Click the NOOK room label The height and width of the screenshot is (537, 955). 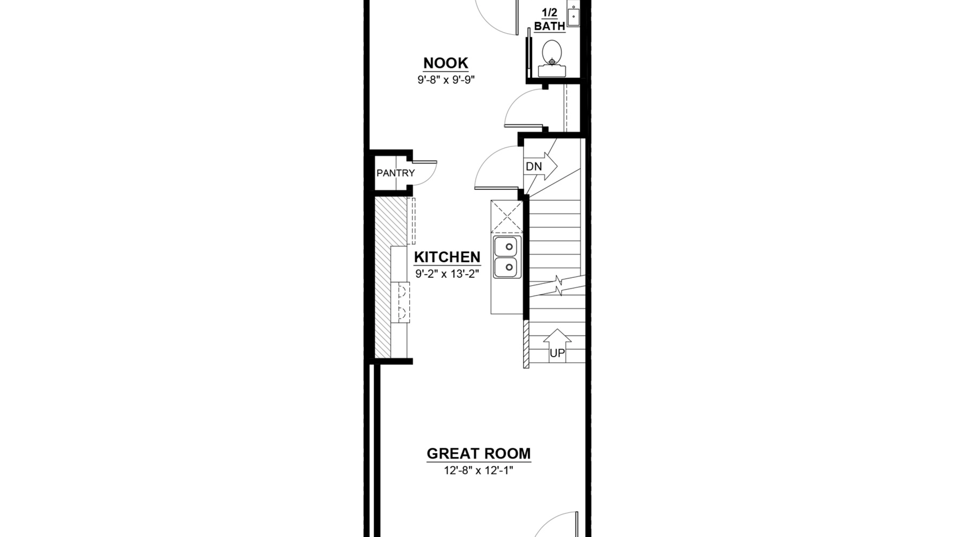446,63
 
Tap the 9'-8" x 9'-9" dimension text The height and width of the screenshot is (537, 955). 446,80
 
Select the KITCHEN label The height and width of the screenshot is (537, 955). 447,257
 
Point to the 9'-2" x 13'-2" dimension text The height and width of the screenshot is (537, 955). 447,274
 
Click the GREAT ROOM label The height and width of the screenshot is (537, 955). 479,454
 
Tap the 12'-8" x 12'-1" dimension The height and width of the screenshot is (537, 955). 479,471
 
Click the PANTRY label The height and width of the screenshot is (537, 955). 395,173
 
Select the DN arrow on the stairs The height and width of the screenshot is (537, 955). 541,166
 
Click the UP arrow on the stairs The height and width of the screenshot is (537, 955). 557,345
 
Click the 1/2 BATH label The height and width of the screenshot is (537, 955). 549,20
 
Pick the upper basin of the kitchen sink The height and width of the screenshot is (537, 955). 505,246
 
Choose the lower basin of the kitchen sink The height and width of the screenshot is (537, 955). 505,267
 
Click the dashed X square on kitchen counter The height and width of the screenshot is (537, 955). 507,216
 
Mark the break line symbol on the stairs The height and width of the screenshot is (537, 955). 558,286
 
